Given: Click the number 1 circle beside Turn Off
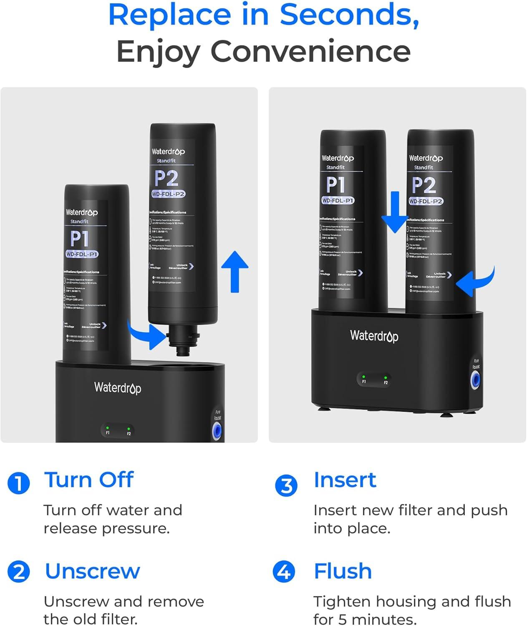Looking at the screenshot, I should click(x=19, y=483).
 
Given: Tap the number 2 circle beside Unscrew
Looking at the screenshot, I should click(x=19, y=571).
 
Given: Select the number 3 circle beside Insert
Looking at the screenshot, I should click(x=286, y=485).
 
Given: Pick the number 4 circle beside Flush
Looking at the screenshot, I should click(x=284, y=571).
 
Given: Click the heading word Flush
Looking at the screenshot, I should click(x=343, y=571).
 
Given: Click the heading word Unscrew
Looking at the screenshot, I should click(x=92, y=571).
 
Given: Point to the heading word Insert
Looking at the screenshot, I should click(x=345, y=480).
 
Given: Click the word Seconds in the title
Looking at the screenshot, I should click(x=349, y=15).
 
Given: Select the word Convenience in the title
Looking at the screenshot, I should click(x=310, y=51).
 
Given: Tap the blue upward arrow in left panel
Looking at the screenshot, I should click(x=235, y=271).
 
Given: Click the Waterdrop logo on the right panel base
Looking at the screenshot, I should click(x=374, y=336).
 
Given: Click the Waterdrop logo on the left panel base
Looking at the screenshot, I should click(x=118, y=388).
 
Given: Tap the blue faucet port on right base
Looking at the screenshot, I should click(x=475, y=380).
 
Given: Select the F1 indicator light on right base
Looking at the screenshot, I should click(x=364, y=377).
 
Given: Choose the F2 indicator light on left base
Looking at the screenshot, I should click(x=129, y=429).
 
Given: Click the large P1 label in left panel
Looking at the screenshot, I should click(x=79, y=239).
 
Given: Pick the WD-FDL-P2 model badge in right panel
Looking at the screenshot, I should click(x=426, y=201).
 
